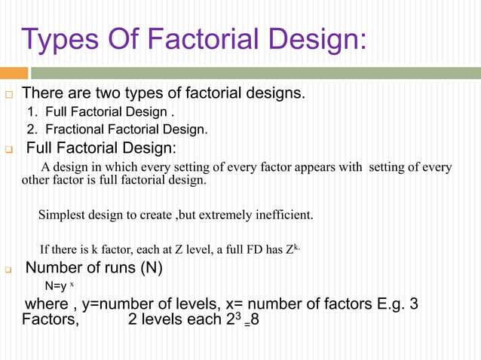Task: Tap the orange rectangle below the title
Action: tap(14, 73)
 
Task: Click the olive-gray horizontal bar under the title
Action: tap(256, 73)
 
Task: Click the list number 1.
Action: tap(32, 112)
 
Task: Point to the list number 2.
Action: tap(32, 129)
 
